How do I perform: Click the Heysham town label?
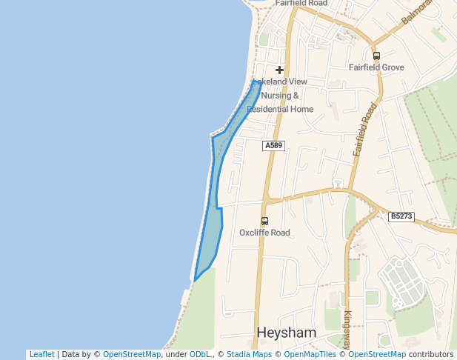point(286,333)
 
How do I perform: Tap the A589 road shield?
point(273,146)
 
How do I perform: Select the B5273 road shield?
point(401,216)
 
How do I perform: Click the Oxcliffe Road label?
point(264,233)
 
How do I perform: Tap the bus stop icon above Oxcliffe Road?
point(264,221)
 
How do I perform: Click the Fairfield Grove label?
point(376,67)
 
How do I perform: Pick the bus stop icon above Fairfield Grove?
point(376,56)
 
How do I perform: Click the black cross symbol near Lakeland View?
point(279,70)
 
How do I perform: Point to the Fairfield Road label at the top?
point(301,3)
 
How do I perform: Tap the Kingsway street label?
point(347,326)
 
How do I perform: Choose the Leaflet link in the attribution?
point(41,355)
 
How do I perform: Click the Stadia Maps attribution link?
point(249,355)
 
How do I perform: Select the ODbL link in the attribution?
point(199,355)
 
